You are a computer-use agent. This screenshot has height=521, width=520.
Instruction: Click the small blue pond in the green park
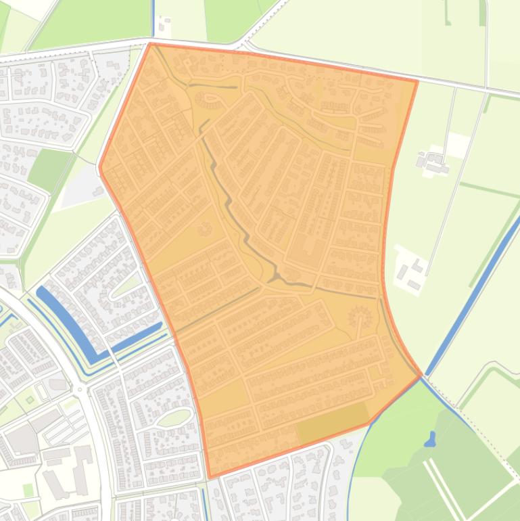pyautogui.click(x=429, y=440)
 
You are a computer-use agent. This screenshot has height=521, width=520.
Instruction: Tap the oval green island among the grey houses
pyautogui.click(x=174, y=417)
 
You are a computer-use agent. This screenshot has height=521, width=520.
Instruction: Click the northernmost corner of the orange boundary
pyautogui.click(x=150, y=44)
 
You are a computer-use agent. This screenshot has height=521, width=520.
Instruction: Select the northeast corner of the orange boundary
pyautogui.click(x=417, y=81)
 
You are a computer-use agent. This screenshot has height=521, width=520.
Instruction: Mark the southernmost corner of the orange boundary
pyautogui.click(x=210, y=477)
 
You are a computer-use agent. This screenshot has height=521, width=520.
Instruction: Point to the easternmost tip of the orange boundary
pyautogui.click(x=421, y=374)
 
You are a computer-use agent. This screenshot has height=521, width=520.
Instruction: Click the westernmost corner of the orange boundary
pyautogui.click(x=100, y=166)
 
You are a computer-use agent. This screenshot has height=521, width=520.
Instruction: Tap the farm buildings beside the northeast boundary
pyautogui.click(x=433, y=162)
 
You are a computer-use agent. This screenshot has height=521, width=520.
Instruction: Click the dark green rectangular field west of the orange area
pyautogui.click(x=49, y=169)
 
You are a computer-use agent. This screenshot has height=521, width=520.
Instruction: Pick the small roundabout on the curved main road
pyautogui.click(x=80, y=390)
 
